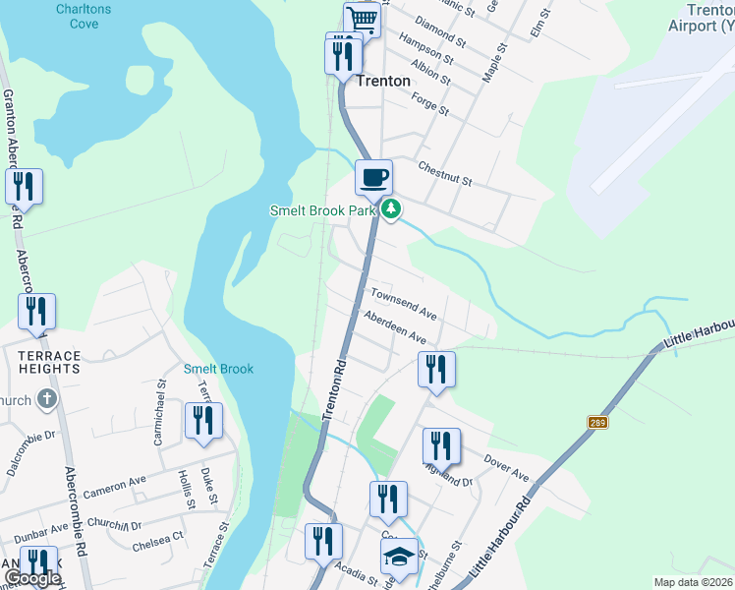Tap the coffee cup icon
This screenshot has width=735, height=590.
click(373, 177)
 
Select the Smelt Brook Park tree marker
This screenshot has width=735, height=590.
click(391, 209)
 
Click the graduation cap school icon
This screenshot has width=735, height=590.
click(399, 557)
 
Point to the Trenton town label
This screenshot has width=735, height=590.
click(383, 81)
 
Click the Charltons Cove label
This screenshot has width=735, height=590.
click(84, 17)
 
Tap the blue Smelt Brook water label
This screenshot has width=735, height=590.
click(218, 369)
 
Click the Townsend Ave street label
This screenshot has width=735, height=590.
click(403, 303)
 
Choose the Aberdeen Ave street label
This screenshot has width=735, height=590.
click(394, 324)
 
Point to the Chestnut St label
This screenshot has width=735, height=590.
click(445, 173)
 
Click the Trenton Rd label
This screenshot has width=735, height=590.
click(334, 391)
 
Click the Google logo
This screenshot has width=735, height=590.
click(31, 578)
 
